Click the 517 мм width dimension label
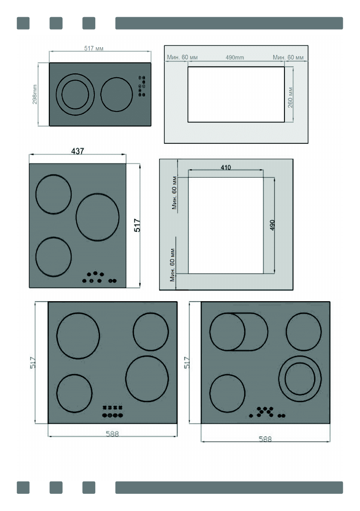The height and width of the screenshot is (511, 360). click(94, 48)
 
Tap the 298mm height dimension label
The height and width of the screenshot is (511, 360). click(34, 94)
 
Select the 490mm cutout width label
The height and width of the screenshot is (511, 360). click(235, 57)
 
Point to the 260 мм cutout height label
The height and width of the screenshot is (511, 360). click(290, 97)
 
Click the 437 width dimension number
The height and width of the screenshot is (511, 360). click(78, 151)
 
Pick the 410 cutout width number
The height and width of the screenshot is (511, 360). click(226, 167)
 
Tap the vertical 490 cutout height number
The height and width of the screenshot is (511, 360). click(272, 225)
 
